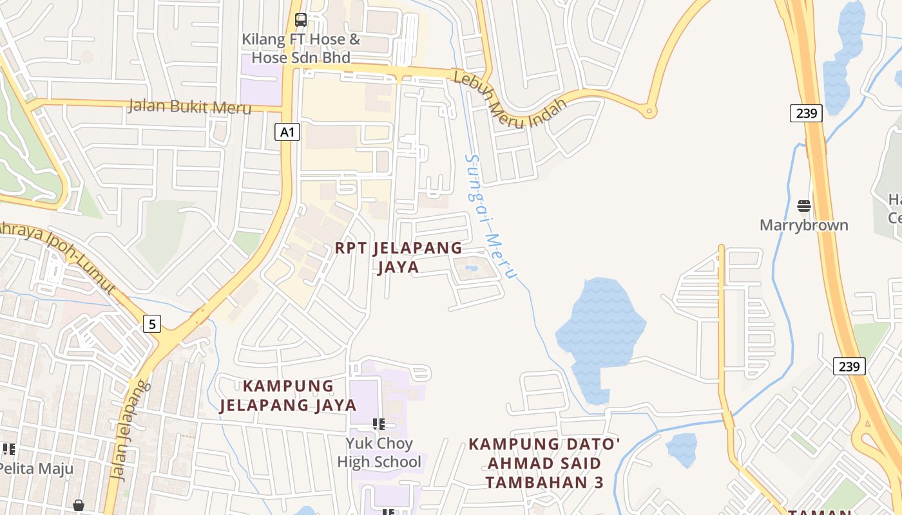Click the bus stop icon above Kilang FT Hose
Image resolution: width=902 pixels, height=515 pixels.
(x=301, y=19)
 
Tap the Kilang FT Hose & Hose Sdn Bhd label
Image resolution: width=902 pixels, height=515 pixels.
(x=301, y=48)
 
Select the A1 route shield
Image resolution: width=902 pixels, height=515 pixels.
(x=287, y=133)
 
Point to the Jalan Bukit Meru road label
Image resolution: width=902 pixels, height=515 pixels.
(x=189, y=106)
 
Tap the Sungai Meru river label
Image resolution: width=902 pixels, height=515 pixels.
(x=490, y=216)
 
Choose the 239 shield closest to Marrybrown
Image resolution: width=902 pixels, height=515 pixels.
(x=806, y=113)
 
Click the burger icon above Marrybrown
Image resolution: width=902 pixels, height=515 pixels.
(x=803, y=206)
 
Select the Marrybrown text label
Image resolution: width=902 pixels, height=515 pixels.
(x=803, y=225)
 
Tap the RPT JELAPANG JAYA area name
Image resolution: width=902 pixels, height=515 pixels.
(x=398, y=257)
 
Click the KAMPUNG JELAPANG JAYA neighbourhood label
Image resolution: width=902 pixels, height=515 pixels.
(x=288, y=395)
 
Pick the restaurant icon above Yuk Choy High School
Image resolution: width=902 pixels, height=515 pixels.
(x=379, y=424)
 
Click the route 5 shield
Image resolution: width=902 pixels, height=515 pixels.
(x=152, y=323)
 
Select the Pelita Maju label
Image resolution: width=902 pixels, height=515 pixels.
(x=36, y=468)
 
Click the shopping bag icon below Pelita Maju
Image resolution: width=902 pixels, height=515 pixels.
(x=79, y=506)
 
